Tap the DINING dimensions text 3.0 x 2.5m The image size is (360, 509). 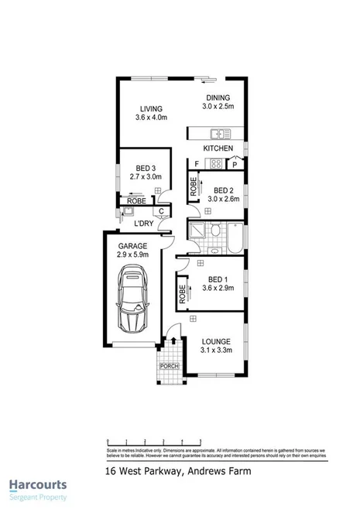[x=218, y=107]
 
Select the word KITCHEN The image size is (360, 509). [x=218, y=147]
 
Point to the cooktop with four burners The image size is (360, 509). [x=218, y=163]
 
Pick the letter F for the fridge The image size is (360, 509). [x=197, y=163]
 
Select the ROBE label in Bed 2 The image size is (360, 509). [x=194, y=186]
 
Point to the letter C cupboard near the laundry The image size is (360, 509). [x=160, y=210]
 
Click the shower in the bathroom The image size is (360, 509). [x=200, y=232]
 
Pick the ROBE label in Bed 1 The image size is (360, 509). [x=182, y=293]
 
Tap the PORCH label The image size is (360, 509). [x=168, y=366]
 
